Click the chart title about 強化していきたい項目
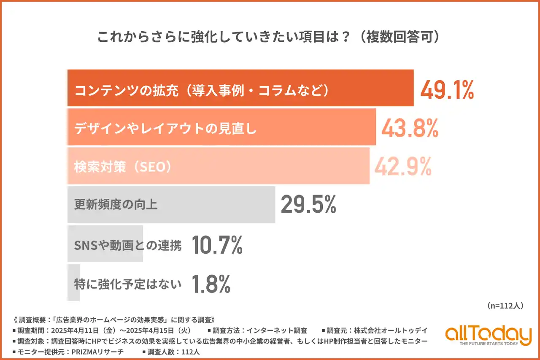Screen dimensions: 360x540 click(270, 37)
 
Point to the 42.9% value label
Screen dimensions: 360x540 click(403, 167)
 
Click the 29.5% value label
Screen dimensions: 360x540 click(308, 205)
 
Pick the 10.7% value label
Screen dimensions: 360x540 click(217, 245)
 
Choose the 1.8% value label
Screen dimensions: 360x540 click(211, 284)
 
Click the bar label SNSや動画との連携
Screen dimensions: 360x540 click(128, 245)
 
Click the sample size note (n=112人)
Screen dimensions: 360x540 click(505, 306)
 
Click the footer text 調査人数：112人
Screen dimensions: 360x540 click(173, 351)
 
